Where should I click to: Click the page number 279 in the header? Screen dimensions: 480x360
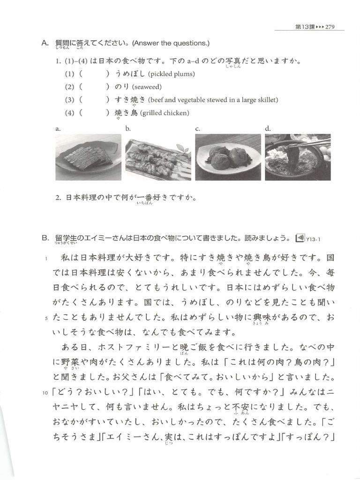tap(330, 27)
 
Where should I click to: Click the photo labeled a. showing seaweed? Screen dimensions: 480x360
tap(87, 157)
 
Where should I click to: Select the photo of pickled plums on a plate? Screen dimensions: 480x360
tap(228, 157)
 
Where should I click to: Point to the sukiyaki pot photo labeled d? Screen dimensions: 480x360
tap(297, 157)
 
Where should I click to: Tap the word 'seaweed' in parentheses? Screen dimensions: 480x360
tap(147, 87)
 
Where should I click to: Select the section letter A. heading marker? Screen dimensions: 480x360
tap(45, 43)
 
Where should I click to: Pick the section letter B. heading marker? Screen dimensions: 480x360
tap(45, 238)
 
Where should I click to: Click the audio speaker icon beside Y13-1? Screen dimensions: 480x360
tap(300, 238)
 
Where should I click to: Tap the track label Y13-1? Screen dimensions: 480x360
tap(313, 240)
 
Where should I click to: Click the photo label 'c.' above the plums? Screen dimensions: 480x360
tap(198, 128)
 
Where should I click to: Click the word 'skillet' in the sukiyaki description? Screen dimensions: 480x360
tap(267, 100)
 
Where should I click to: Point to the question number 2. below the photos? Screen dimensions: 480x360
tap(58, 197)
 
